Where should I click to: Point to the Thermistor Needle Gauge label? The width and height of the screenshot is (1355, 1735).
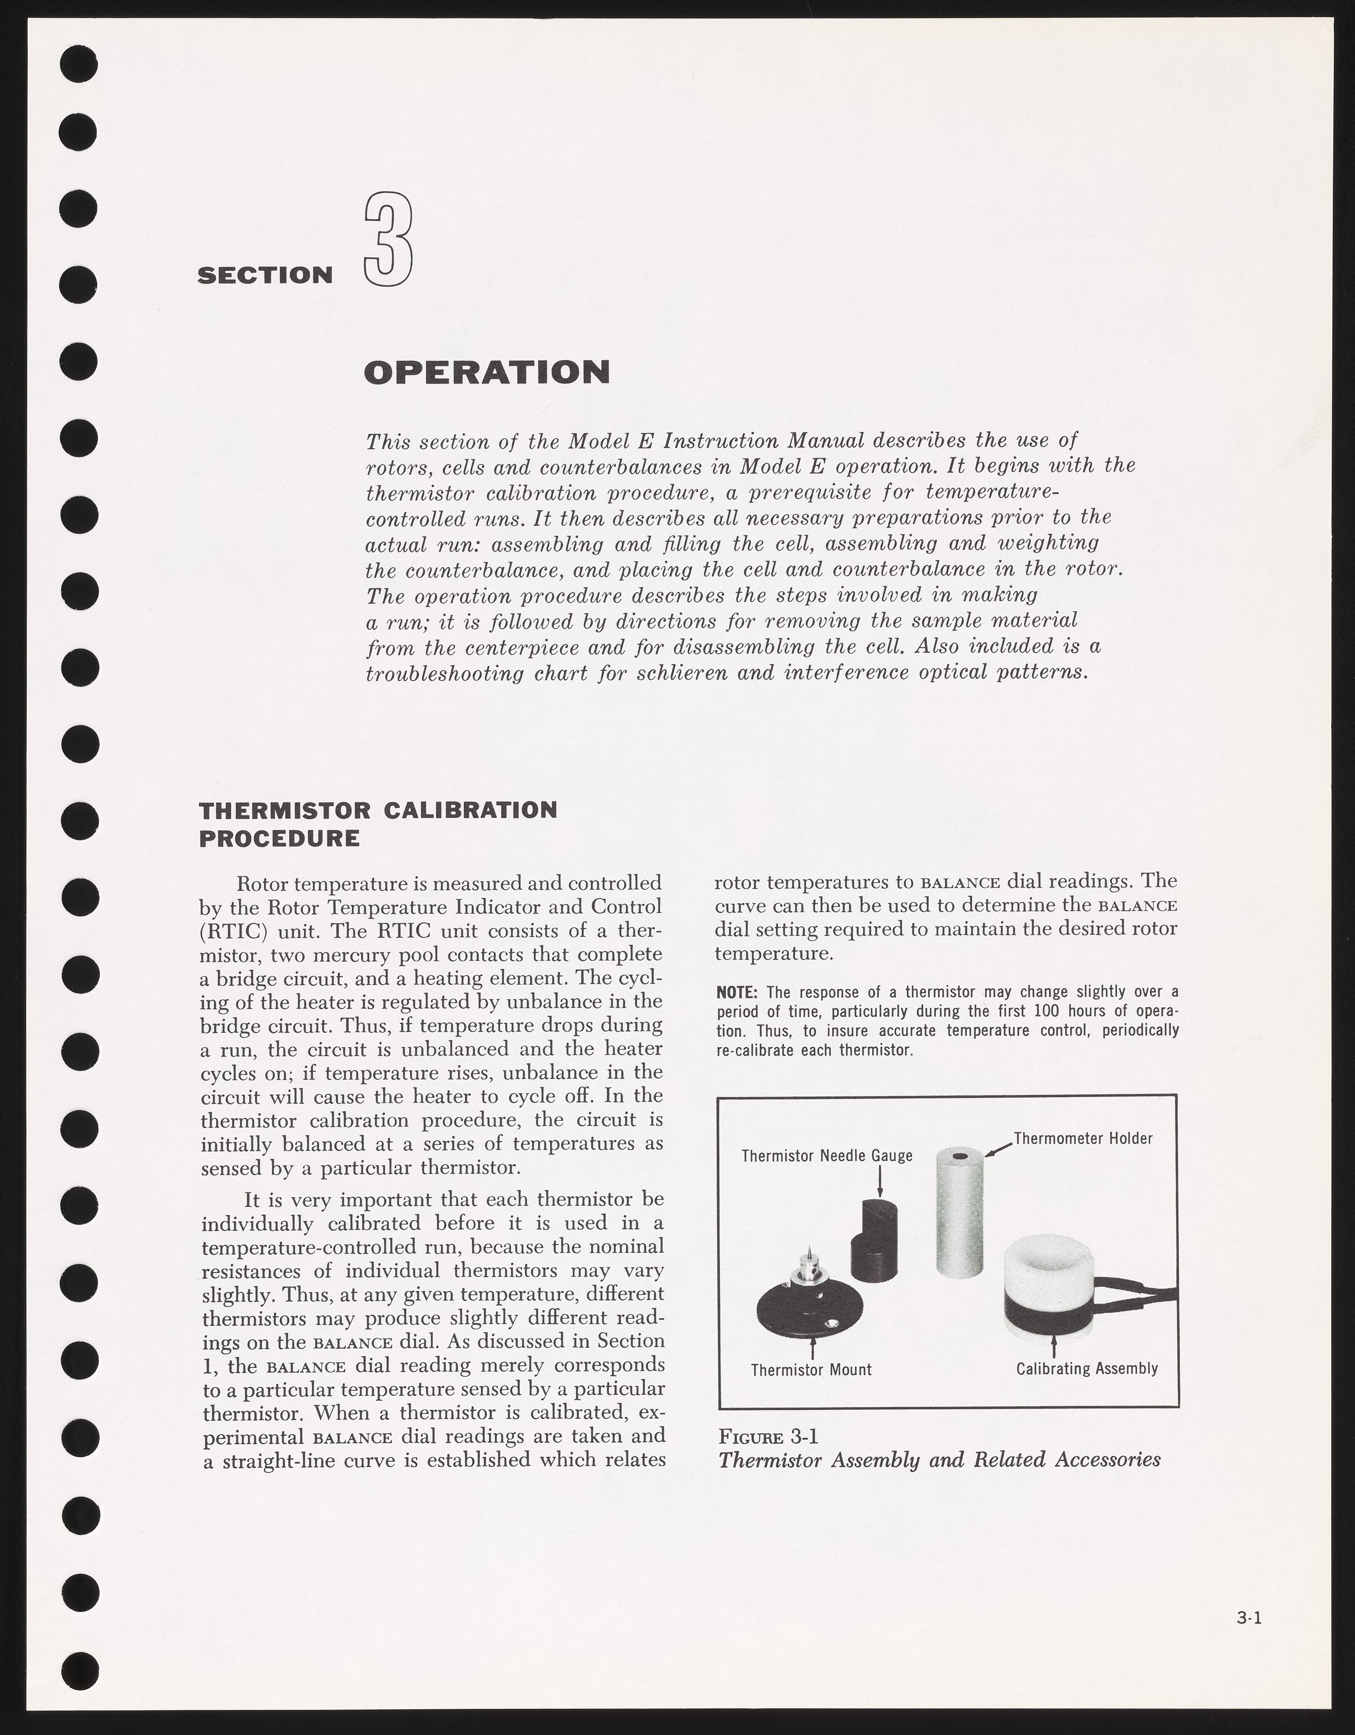pyautogui.click(x=827, y=1155)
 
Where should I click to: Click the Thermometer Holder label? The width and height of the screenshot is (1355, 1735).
pyautogui.click(x=1083, y=1138)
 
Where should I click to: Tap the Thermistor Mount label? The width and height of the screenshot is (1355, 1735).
pyautogui.click(x=811, y=1370)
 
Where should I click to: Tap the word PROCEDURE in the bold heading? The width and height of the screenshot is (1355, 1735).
pyautogui.click(x=279, y=838)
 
